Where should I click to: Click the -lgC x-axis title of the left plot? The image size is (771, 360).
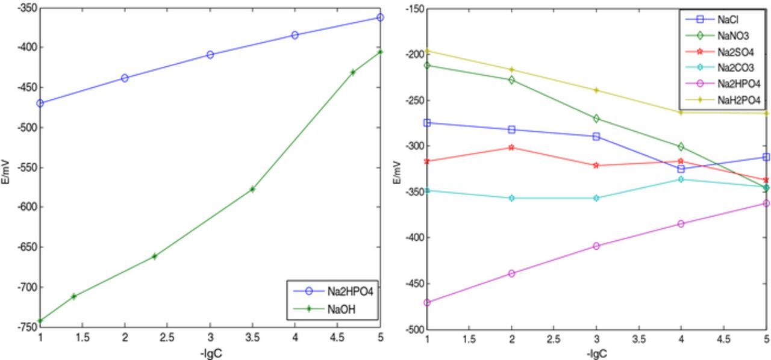[210, 353]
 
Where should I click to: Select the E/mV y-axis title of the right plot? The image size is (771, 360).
[396, 172]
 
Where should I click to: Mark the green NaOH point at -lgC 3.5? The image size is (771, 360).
[252, 189]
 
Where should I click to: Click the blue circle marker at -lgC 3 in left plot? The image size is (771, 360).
[210, 55]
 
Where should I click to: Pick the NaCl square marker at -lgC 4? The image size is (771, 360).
[681, 169]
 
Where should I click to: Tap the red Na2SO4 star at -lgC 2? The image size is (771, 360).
[512, 147]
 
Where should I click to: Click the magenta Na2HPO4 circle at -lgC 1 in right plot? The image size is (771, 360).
[428, 303]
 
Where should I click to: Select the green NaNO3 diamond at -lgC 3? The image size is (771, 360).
[596, 119]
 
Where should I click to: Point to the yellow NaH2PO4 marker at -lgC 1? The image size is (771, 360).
[428, 51]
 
